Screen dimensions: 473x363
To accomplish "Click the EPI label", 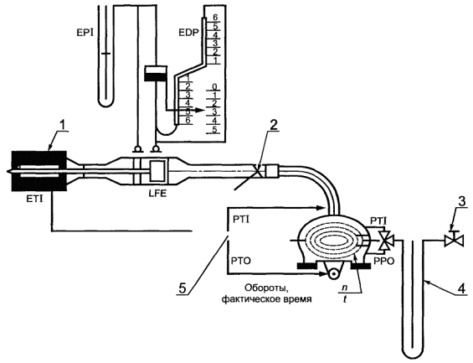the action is [85, 33].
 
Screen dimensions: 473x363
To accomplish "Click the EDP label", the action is [189, 33].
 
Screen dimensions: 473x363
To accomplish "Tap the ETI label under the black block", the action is [33, 199].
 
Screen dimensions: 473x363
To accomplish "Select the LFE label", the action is [157, 194].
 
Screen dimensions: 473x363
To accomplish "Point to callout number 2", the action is [273, 126].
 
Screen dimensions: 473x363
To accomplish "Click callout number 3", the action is [462, 202].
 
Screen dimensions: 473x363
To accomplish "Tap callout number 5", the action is [183, 288].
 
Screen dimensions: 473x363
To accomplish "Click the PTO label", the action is [242, 261].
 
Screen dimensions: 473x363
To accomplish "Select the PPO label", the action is [384, 262].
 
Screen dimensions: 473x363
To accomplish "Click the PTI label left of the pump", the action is [241, 220].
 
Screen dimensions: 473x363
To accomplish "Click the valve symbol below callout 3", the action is [454, 241].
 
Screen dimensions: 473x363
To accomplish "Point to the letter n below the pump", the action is [343, 288].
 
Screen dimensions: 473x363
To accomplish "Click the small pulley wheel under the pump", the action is [333, 274].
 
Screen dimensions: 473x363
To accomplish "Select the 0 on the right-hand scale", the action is [214, 87].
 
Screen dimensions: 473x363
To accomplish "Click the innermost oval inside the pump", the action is [332, 241].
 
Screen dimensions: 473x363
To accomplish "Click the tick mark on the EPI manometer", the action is [105, 54].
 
